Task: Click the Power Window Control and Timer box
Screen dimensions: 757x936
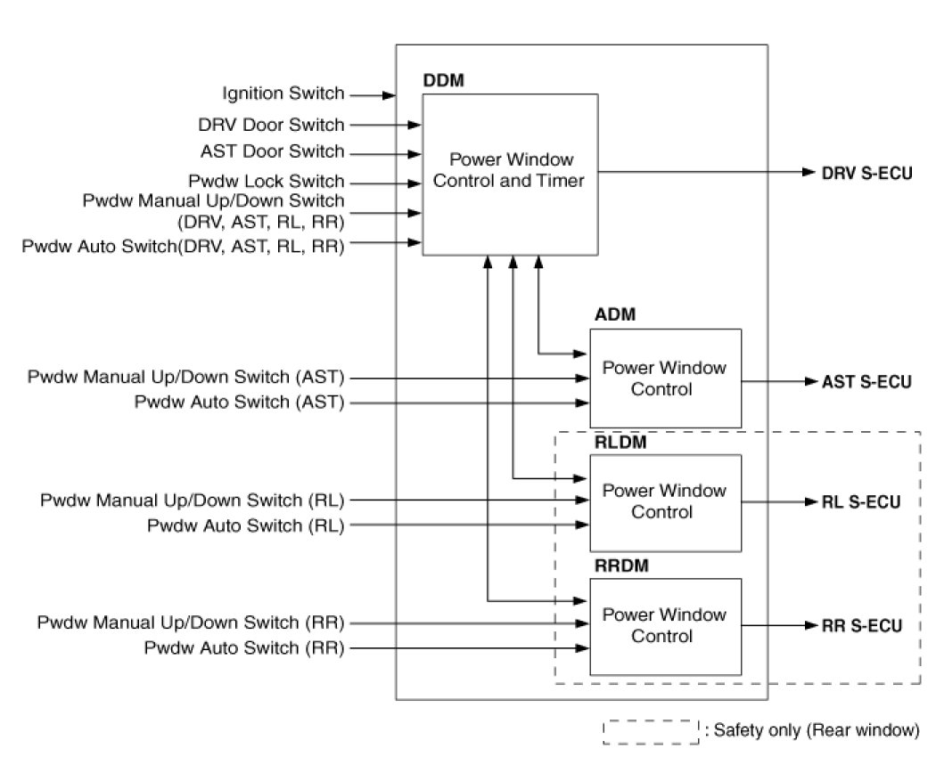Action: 510,175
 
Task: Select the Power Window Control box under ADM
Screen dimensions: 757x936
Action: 665,378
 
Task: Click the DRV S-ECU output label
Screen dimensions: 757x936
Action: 866,172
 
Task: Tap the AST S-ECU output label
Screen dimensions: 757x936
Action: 866,383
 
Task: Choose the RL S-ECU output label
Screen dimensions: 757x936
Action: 859,501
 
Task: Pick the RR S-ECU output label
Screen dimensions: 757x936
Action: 859,625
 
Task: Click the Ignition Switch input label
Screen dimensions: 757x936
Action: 283,94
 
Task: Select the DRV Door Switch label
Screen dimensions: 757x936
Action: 271,125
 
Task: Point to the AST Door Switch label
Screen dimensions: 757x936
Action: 271,151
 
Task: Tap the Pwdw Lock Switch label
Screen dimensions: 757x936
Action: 266,182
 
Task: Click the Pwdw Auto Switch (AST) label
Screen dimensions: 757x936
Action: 239,402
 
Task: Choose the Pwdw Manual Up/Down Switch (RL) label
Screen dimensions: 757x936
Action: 192,501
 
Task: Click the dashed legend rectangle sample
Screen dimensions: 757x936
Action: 651,731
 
